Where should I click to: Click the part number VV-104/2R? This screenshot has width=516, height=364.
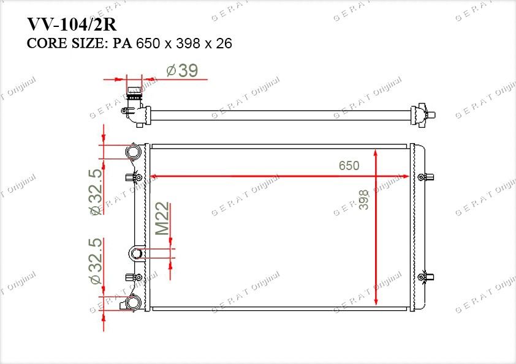[x=72, y=24]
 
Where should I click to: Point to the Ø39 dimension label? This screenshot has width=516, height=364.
[x=182, y=70]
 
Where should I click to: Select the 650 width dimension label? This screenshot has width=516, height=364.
[x=349, y=166]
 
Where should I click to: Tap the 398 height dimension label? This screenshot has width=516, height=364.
[x=363, y=199]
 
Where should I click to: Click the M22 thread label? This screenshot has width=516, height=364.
[x=162, y=218]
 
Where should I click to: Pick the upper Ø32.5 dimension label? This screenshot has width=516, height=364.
[x=96, y=192]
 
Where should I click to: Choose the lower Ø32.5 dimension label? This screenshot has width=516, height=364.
[x=96, y=261]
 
